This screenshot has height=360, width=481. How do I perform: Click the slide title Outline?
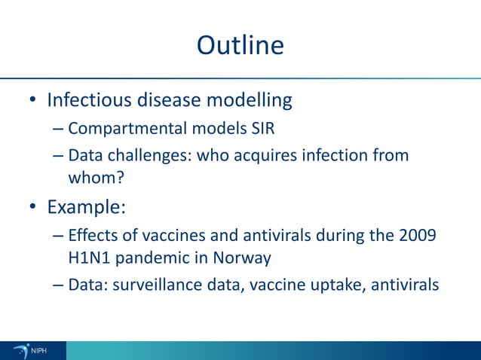240,46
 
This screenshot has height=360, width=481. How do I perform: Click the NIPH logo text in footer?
38,350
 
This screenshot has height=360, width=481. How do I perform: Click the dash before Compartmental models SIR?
58,129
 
